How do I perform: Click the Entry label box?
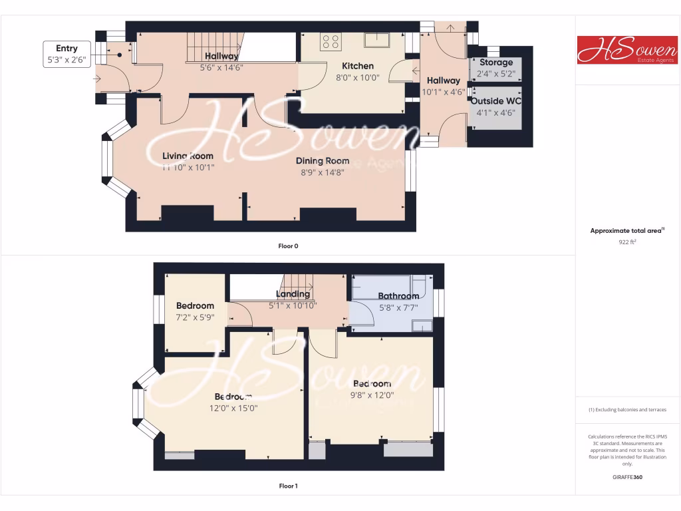(67, 54)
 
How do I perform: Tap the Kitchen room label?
(358, 66)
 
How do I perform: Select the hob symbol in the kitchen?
(329, 42)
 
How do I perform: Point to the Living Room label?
(188, 156)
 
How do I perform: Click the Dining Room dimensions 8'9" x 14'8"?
(323, 172)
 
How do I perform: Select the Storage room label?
(496, 63)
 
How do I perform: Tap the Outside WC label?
(496, 101)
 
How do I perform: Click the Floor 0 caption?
(288, 246)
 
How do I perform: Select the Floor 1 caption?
(288, 486)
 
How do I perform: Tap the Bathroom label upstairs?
(398, 296)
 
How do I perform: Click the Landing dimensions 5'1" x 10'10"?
(293, 305)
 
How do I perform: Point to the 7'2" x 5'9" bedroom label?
(195, 311)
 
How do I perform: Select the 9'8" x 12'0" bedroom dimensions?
(372, 395)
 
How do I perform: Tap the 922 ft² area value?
(627, 242)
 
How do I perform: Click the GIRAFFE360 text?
(627, 476)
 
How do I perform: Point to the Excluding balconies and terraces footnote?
(627, 410)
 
